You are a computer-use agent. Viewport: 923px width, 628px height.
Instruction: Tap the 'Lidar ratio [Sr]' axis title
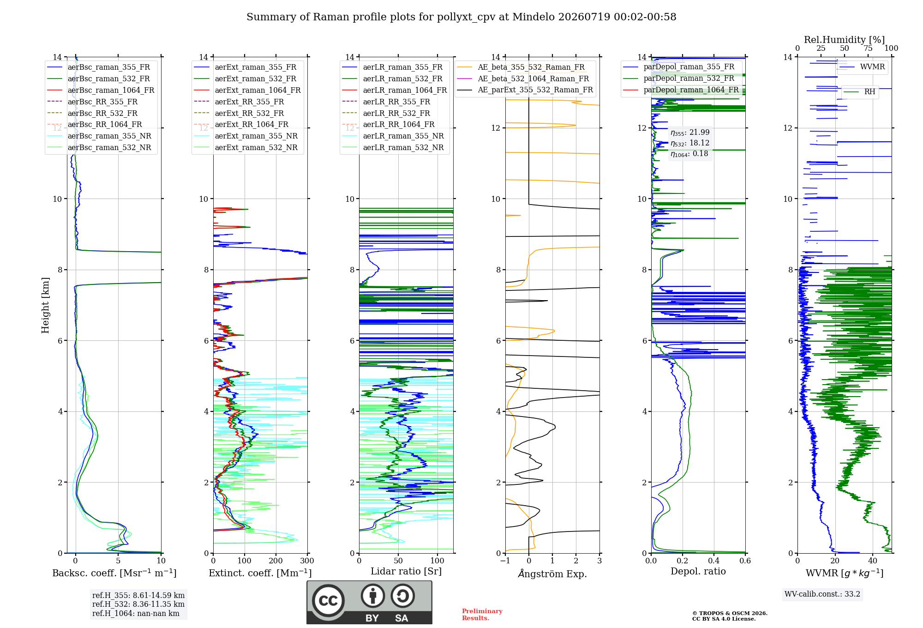[406, 572]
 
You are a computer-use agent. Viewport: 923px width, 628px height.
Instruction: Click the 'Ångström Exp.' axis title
[552, 574]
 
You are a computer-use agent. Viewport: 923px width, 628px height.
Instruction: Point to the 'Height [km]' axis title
[45, 305]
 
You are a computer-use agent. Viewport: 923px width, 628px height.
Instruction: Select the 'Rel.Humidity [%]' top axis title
[845, 40]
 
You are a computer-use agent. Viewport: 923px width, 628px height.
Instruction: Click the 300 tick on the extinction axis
[307, 561]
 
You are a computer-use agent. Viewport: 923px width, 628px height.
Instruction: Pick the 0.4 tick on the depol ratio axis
[714, 561]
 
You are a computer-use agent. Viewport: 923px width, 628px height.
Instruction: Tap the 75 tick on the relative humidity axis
[868, 48]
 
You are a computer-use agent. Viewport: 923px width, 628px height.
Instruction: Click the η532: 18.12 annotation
[690, 143]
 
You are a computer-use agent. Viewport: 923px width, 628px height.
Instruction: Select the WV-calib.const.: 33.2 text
[822, 594]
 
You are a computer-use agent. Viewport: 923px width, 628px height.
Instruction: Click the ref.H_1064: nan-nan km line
[136, 613]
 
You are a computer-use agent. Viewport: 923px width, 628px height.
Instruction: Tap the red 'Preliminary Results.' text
[482, 615]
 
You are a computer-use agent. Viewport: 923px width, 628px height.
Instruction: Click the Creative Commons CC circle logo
[328, 601]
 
